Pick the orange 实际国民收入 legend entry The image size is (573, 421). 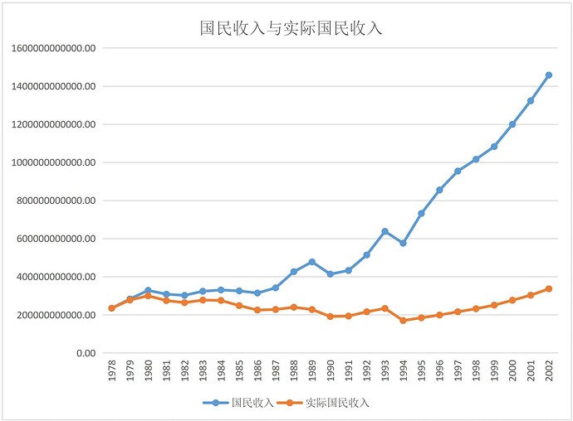[326, 404]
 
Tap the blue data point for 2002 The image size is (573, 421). [548, 75]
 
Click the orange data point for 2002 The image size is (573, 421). [548, 289]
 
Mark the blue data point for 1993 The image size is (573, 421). [384, 231]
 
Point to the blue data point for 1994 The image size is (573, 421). [403, 243]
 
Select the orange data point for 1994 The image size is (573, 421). [403, 320]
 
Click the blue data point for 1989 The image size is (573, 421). [311, 262]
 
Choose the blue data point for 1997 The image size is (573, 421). [458, 171]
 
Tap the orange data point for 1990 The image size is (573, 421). [330, 317]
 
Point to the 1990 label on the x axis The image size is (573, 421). [330, 370]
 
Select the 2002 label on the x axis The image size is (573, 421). [548, 370]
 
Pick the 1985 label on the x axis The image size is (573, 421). [239, 370]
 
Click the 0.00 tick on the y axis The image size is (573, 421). [85, 353]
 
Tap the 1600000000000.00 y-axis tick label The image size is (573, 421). [55, 48]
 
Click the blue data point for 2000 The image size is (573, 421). [512, 124]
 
